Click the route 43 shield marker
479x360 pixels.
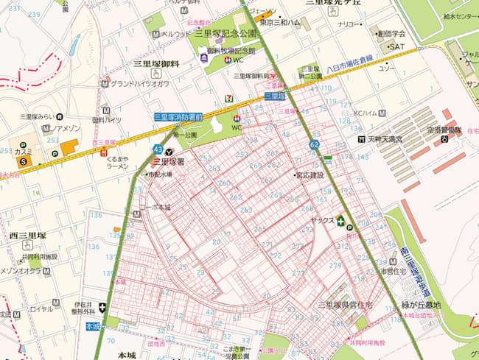tap(158, 149)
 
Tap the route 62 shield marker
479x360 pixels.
tap(315, 145)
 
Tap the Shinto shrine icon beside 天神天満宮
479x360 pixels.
tap(360, 138)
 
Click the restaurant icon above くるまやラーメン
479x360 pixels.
tap(102, 153)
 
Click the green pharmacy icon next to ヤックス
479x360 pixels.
tap(340, 219)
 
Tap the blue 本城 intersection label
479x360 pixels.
tap(92, 326)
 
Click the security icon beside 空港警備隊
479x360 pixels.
tap(444, 138)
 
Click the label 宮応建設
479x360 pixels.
tap(309, 175)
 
